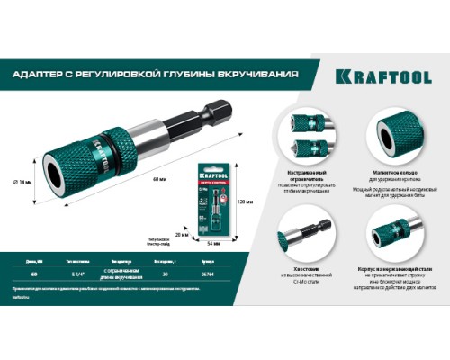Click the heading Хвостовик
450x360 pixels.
pyautogui.click(x=305, y=272)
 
